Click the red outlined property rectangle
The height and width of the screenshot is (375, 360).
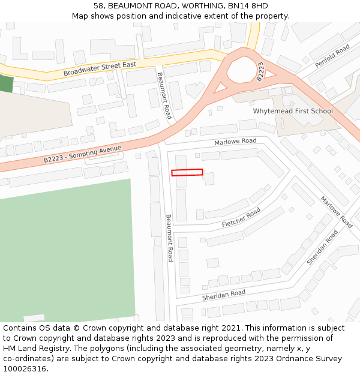click(187, 173)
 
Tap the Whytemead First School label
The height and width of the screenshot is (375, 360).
click(292, 111)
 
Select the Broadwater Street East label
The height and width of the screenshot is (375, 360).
click(100, 68)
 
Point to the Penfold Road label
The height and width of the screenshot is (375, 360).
click(332, 56)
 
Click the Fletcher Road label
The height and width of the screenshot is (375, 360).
click(241, 217)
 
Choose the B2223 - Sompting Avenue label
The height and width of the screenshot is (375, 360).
click(82, 154)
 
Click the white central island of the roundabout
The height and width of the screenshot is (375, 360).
click(242, 68)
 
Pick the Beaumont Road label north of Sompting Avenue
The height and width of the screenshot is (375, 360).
click(164, 95)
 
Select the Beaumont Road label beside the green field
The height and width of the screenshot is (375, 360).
click(169, 238)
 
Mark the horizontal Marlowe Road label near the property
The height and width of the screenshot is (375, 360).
click(235, 142)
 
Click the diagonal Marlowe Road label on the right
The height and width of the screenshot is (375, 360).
click(336, 212)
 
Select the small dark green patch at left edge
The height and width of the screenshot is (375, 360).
click(5, 83)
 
